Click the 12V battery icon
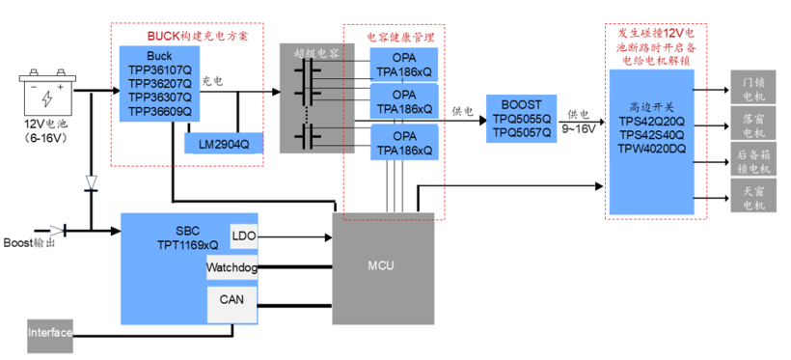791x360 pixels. pos(46,95)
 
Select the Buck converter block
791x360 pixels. pos(156,83)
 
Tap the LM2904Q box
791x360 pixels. pos(223,144)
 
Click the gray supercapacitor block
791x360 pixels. pos(310,97)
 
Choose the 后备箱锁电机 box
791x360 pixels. pos(752,160)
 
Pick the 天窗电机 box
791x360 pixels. pos(752,197)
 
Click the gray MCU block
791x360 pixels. pos(382,265)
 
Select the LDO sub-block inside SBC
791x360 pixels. pos(243,235)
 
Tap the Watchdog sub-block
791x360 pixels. pos(232,267)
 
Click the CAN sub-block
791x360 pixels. pos(232,301)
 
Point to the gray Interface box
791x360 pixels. pos(50,333)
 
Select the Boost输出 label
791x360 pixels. pos(26,242)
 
